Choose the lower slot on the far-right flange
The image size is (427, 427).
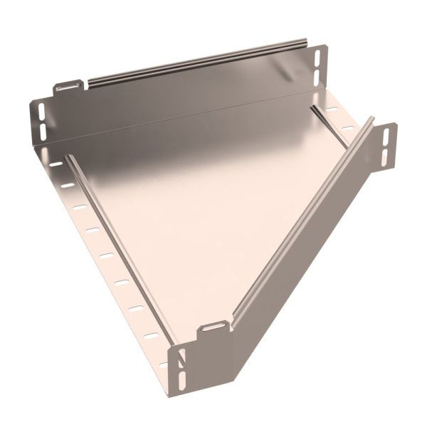pyautogui.click(x=385, y=155)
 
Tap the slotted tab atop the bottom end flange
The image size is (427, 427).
pyautogui.click(x=212, y=328)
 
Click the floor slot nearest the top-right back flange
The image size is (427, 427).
pyautogui.click(x=332, y=110)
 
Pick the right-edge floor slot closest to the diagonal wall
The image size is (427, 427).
pyautogui.click(x=348, y=128)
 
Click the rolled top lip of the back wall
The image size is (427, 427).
pyautogui.click(x=199, y=65)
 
